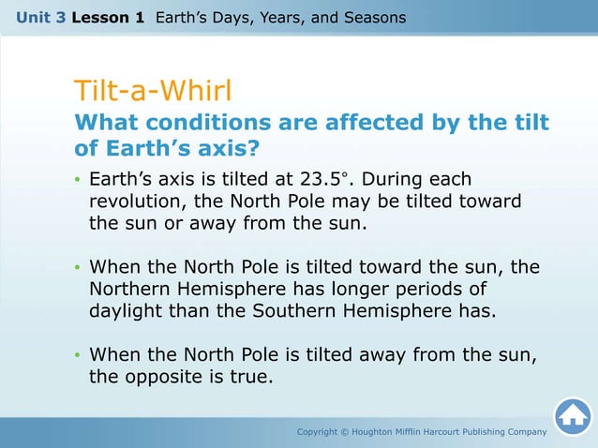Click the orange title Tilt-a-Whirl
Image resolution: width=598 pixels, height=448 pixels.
pos(152,91)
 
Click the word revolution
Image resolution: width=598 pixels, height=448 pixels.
pos(138,202)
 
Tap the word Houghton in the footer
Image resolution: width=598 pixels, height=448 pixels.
pos(381,431)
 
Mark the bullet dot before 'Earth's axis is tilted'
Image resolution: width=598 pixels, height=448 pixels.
pos(78,180)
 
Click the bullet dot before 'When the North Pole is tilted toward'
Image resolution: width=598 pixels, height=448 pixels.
pos(78,268)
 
